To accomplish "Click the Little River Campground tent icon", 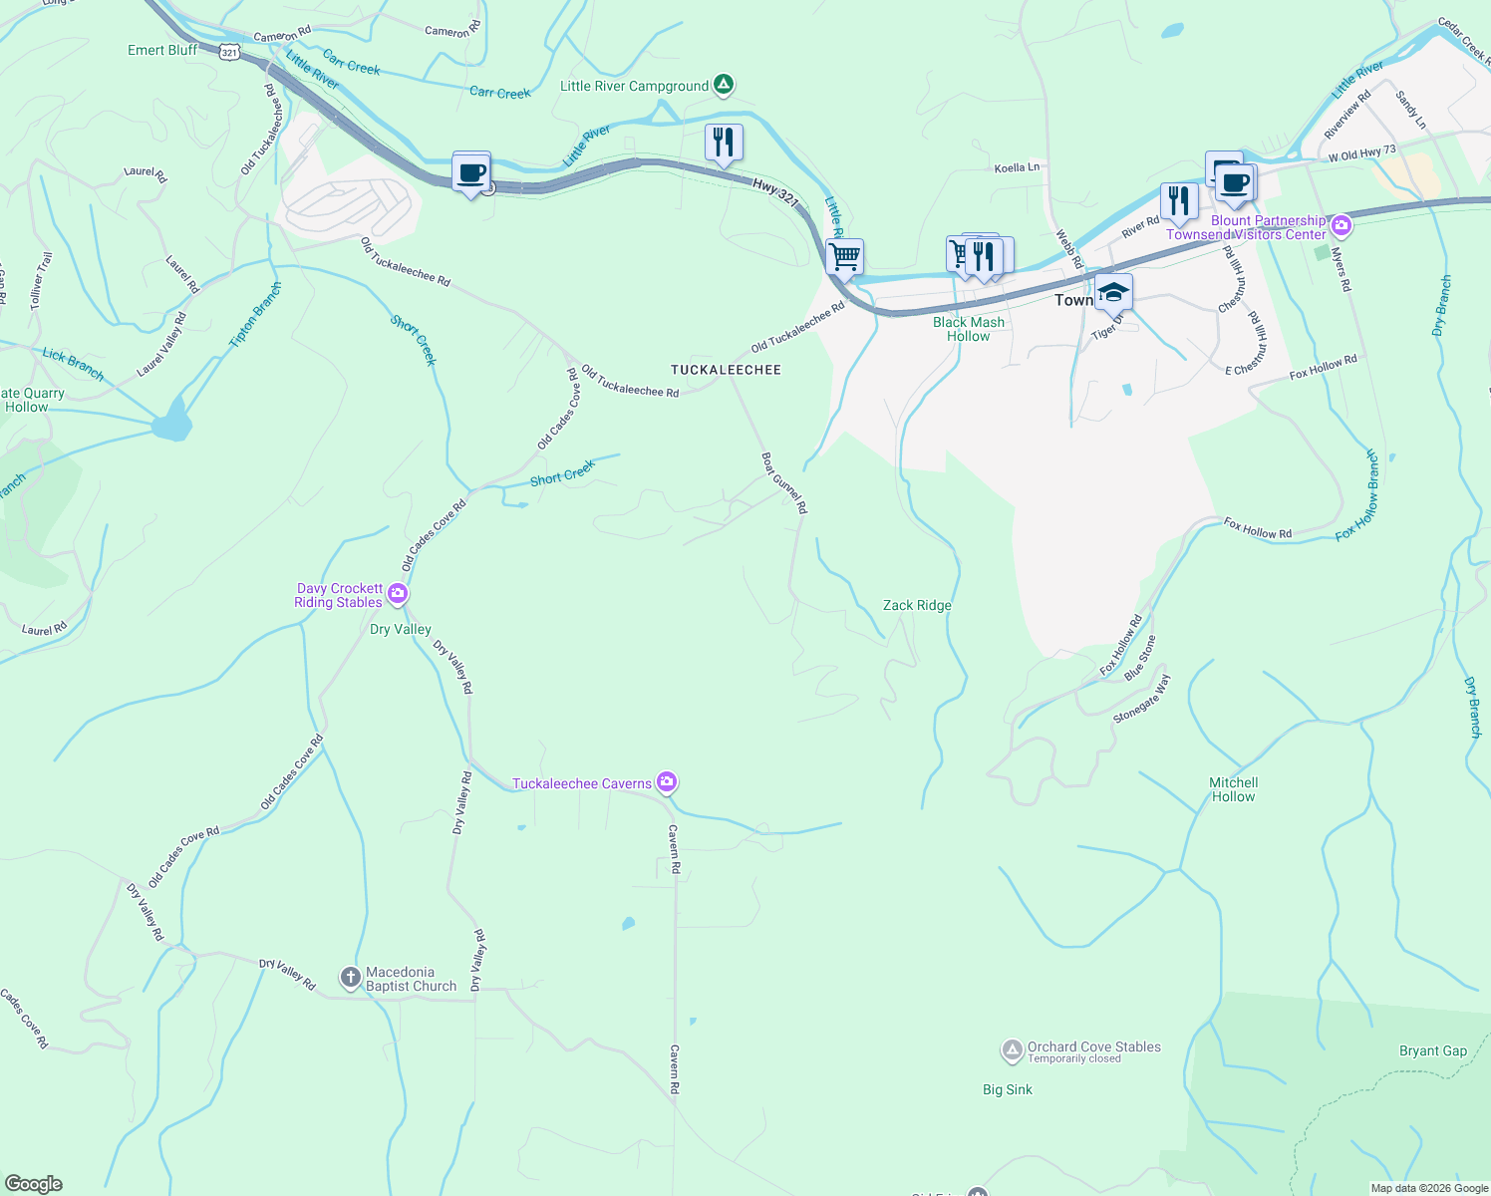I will (725, 86).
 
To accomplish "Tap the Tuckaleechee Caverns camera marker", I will (667, 782).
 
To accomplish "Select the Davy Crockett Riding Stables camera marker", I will (398, 595).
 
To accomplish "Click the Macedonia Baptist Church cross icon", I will (350, 978).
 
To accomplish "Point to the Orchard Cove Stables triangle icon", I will (1012, 1050).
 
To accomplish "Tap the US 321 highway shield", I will (230, 52).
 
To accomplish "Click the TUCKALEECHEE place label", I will (726, 370).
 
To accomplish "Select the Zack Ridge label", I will (917, 605).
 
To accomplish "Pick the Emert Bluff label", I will (162, 50).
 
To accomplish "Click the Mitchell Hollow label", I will (1233, 789).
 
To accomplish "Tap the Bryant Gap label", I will (1432, 1050).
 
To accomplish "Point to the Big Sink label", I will (1007, 1089).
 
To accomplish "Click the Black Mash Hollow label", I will (969, 329).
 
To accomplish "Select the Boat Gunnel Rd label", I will (783, 483).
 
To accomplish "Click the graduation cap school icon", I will (1113, 293).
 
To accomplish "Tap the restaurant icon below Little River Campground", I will (724, 143).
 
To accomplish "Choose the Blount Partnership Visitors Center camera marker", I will (1341, 225).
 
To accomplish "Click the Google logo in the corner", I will (34, 1183).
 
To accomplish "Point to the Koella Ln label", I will (1017, 167).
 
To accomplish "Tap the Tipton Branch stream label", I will (255, 315).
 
